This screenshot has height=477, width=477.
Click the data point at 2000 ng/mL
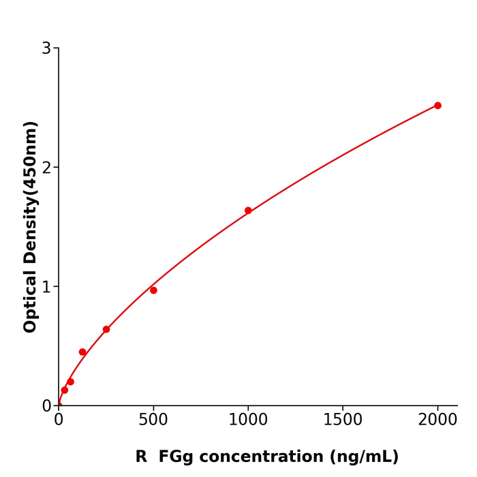(x=437, y=106)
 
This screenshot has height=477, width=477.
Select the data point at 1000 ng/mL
(x=248, y=211)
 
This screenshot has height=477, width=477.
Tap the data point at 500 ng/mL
(x=153, y=290)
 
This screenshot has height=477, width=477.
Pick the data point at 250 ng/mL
(x=106, y=329)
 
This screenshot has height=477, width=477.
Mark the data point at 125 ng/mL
(x=82, y=352)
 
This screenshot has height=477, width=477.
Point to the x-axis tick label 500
(x=153, y=420)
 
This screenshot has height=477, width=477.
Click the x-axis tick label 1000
(x=248, y=420)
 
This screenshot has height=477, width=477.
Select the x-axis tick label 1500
(x=343, y=420)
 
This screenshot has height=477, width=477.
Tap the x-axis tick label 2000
(x=437, y=420)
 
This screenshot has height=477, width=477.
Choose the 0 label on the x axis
(x=59, y=420)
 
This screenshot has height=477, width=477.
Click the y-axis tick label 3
(x=46, y=48)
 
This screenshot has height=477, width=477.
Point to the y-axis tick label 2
(x=46, y=168)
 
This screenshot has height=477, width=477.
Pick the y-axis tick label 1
(x=46, y=287)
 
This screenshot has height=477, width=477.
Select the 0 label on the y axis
(x=46, y=406)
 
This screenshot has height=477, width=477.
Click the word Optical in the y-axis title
(x=31, y=301)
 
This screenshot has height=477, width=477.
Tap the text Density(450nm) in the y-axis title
(x=31, y=194)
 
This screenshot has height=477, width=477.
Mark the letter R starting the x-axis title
(x=141, y=457)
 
